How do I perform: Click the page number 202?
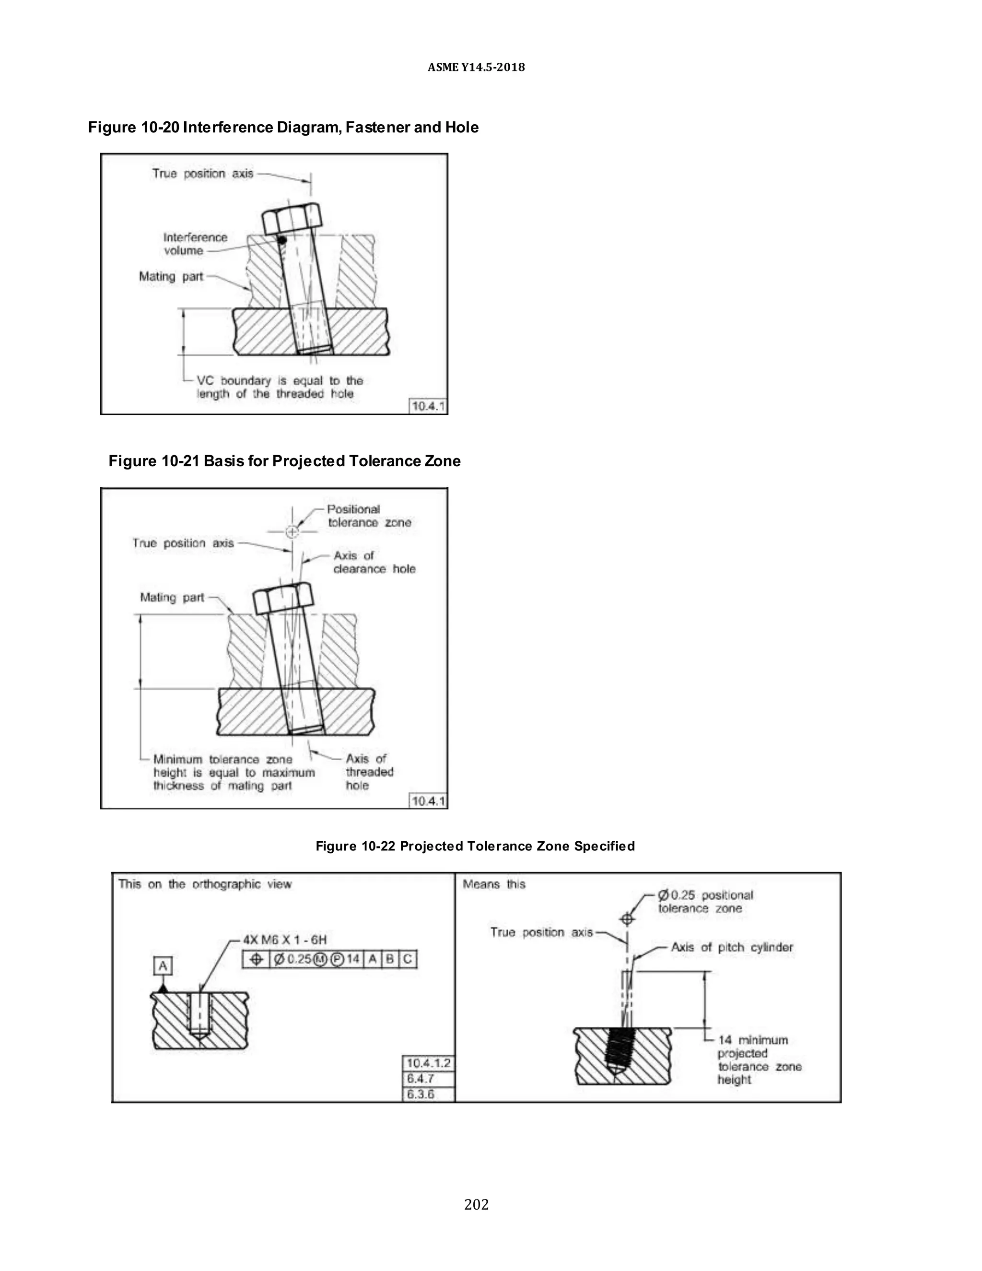(x=476, y=1204)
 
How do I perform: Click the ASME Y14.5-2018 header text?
(x=476, y=68)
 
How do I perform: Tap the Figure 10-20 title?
(x=283, y=128)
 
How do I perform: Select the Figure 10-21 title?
(x=284, y=461)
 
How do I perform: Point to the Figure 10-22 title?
(x=475, y=846)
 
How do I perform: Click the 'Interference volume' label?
(x=194, y=244)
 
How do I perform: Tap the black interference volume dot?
(x=282, y=240)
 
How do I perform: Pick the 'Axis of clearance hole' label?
(x=374, y=562)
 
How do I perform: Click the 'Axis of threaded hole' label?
(x=369, y=772)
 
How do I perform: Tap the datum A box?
(x=163, y=966)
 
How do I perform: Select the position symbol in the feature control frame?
(x=256, y=959)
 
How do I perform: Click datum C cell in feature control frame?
(x=408, y=959)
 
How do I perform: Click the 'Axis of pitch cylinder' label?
(x=731, y=947)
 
